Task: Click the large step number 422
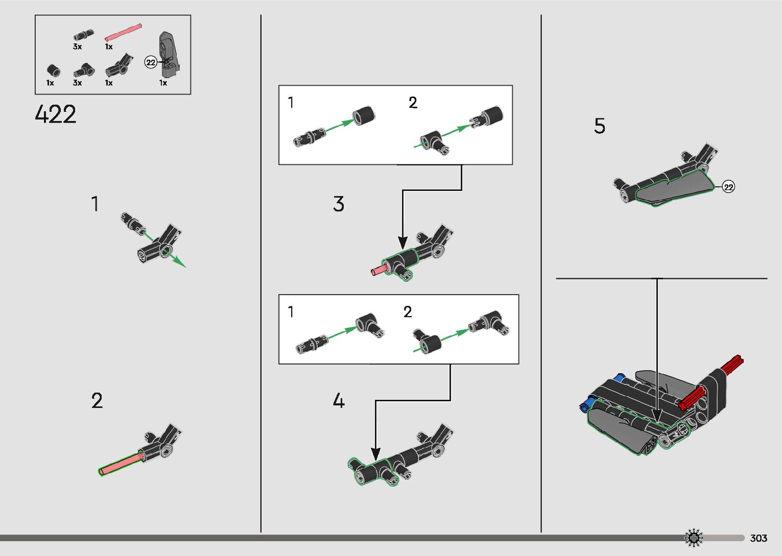(56, 114)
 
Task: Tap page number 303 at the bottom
(759, 538)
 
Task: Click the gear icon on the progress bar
(694, 538)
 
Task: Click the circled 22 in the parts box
(151, 62)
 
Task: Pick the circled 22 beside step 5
(728, 187)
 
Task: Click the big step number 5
(600, 126)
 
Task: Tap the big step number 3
(338, 204)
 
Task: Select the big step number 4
(339, 400)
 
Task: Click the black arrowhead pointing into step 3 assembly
(402, 243)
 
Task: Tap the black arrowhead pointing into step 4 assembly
(375, 454)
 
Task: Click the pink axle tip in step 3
(373, 272)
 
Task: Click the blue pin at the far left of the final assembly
(585, 405)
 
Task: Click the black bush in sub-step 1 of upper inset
(363, 115)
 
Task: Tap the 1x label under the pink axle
(109, 47)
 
